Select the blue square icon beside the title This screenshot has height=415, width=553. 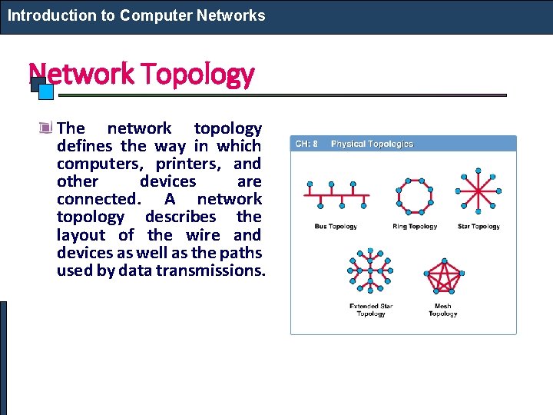pos(45,91)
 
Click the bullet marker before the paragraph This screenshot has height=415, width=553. pos(48,128)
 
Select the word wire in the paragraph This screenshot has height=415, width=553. pos(203,235)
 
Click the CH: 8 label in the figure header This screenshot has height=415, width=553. pos(306,144)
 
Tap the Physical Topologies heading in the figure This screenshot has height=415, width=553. pos(372,144)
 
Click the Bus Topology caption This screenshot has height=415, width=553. pos(336,227)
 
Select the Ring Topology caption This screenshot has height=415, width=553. pos(415,227)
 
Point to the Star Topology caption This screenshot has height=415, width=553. pos(478,227)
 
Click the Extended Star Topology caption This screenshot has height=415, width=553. pos(371,310)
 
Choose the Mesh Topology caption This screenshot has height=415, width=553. pos(443,310)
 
